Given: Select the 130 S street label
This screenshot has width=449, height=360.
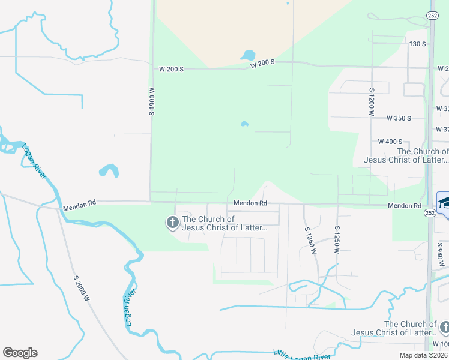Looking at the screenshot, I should (417, 44).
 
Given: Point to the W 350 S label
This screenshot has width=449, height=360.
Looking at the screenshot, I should (399, 118).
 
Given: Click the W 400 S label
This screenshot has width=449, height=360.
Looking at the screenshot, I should (390, 142).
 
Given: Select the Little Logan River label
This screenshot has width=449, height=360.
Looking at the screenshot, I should (301, 355).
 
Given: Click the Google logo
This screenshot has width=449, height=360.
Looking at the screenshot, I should (20, 353).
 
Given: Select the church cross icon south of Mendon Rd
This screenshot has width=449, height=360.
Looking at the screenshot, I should (172, 223).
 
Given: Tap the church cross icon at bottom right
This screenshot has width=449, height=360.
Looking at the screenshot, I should (444, 328).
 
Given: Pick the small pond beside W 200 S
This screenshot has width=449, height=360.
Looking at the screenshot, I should (247, 55).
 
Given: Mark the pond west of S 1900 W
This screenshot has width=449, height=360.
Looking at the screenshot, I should (108, 170).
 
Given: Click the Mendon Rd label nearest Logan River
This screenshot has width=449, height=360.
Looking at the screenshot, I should (79, 204).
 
